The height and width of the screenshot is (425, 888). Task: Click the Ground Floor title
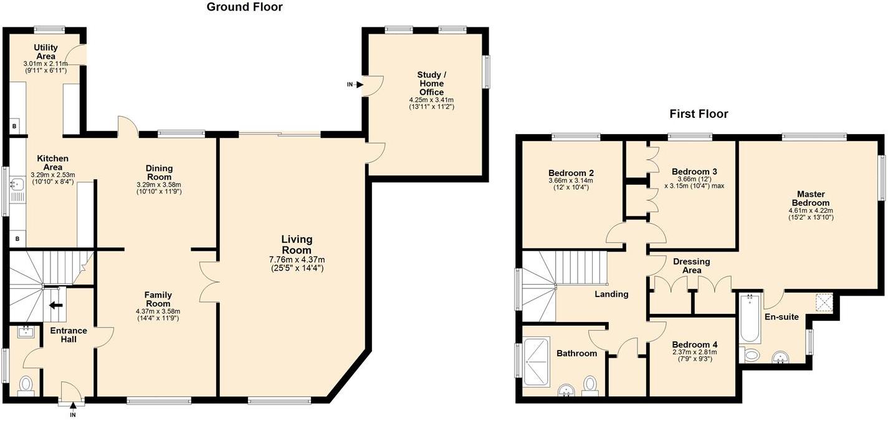pos(245,7)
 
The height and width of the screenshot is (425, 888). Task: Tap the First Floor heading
pos(699,114)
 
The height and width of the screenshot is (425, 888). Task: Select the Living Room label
pos(297,245)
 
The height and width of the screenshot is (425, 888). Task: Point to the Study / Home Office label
pos(431,84)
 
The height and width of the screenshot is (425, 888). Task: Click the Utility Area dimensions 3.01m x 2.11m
pos(45,64)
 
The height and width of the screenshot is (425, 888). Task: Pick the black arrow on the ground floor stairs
pos(56,305)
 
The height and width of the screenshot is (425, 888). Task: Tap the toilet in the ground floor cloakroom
pos(26,386)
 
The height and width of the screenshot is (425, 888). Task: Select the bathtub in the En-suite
pos(749,318)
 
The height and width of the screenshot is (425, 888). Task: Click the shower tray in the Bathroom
pos(537,362)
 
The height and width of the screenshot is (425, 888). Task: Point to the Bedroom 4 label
pos(695,344)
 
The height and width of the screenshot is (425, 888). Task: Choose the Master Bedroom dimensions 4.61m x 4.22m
pos(811,210)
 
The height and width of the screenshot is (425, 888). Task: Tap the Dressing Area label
pos(691,266)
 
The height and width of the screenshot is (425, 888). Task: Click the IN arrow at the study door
pos(360,85)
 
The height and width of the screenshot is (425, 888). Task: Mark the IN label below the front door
pos(73,415)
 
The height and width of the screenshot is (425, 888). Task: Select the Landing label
pos(611,294)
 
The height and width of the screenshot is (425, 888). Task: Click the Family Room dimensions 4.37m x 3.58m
pos(158,311)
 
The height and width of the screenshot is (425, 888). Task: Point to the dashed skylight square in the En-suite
pos(824,303)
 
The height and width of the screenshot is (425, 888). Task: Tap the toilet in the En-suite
pos(749,354)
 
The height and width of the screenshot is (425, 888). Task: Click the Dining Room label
pos(159,172)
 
